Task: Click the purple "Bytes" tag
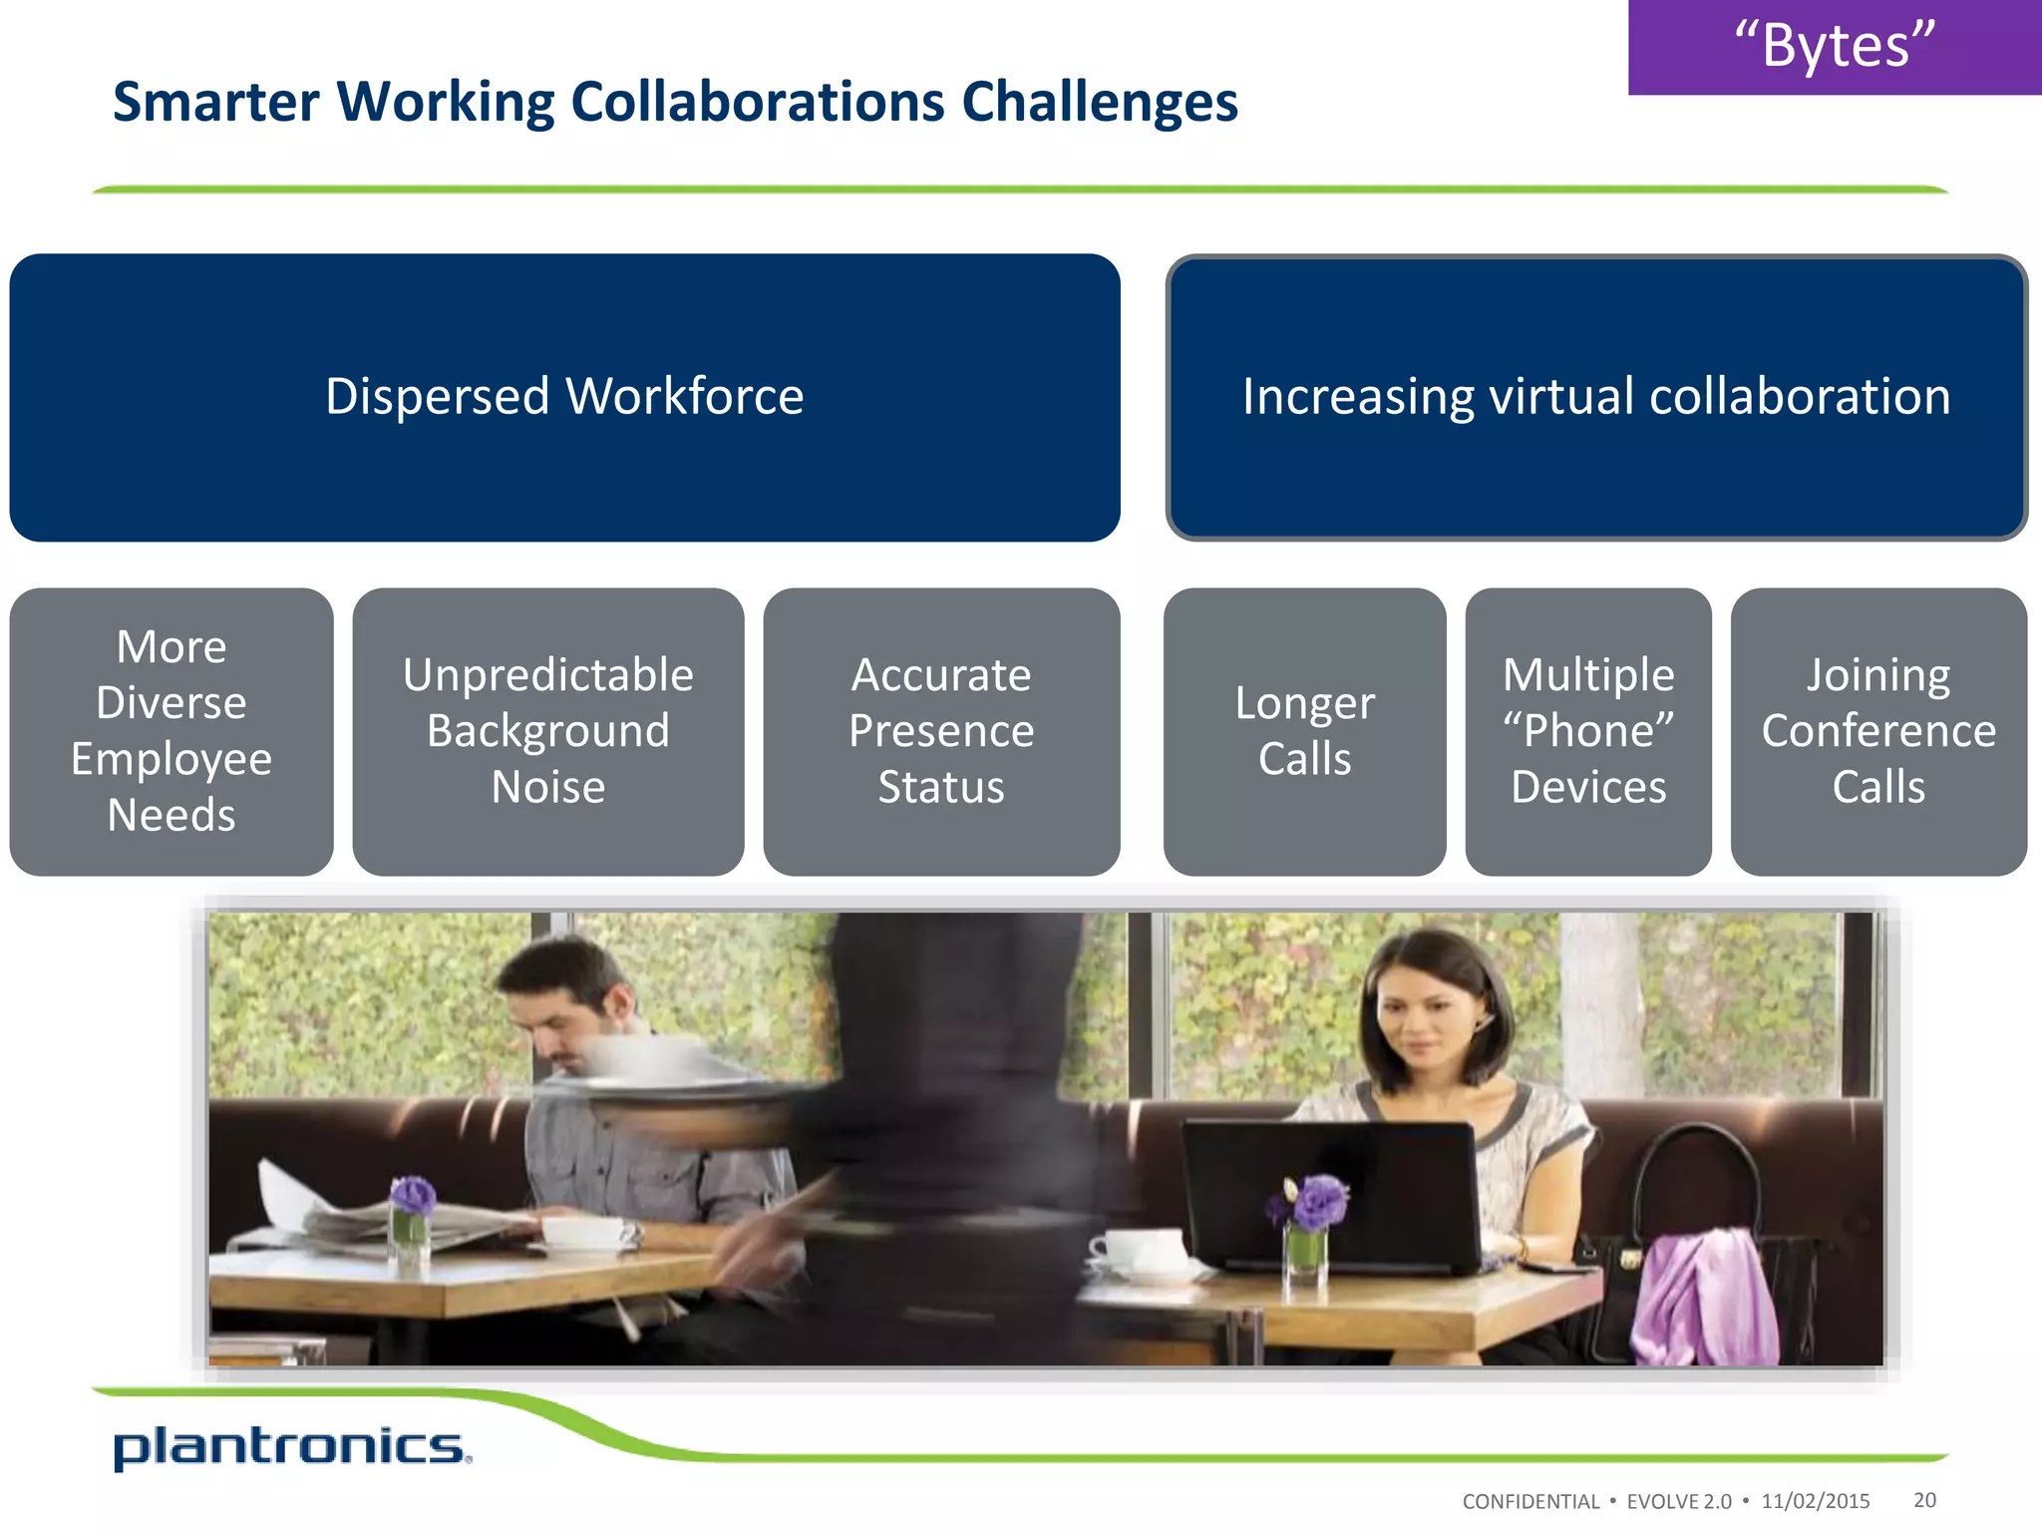coord(1835,47)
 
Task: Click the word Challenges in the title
coord(1100,103)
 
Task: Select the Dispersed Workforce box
coord(564,397)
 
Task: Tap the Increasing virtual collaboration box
coord(1596,397)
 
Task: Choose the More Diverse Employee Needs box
coord(171,731)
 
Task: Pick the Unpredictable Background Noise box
coord(548,731)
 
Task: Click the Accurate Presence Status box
coord(941,731)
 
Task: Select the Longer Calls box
coord(1304,731)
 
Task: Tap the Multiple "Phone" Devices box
coord(1588,731)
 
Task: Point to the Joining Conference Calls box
coord(1878,731)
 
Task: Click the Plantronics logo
coord(291,1447)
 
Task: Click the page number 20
coord(1924,1500)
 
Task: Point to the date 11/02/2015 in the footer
coord(1815,1501)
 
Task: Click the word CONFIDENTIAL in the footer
coord(1531,1501)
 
